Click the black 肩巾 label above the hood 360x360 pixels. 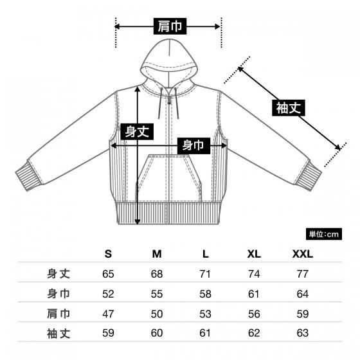pyautogui.click(x=170, y=26)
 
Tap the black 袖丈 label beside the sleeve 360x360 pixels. pyautogui.click(x=289, y=108)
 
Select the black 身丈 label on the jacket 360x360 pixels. pyautogui.click(x=137, y=132)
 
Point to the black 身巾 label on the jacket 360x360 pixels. pyautogui.click(x=194, y=145)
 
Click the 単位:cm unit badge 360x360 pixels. pyautogui.click(x=324, y=234)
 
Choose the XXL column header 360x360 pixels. pyautogui.click(x=303, y=254)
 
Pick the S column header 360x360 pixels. pyautogui.click(x=108, y=254)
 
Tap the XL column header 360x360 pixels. pyautogui.click(x=254, y=254)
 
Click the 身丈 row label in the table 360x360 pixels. pyautogui.click(x=59, y=274)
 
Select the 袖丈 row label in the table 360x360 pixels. pyautogui.click(x=59, y=334)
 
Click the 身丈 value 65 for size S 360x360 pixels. pyautogui.click(x=108, y=274)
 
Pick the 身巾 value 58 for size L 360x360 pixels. pyautogui.click(x=205, y=294)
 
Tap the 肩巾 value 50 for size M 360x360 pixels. pyautogui.click(x=157, y=314)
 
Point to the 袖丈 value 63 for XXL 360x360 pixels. pyautogui.click(x=303, y=333)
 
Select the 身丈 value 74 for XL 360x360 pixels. pyautogui.click(x=254, y=274)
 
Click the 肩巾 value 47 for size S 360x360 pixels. pyautogui.click(x=108, y=314)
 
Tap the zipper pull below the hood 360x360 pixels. pyautogui.click(x=170, y=100)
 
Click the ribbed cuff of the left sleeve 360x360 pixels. pyautogui.click(x=29, y=175)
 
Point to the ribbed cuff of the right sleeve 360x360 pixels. pyautogui.click(x=309, y=175)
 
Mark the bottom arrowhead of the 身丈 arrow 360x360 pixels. pyautogui.click(x=137, y=222)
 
